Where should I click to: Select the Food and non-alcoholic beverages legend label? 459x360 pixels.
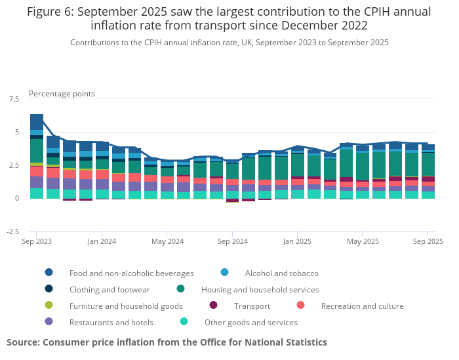(131, 273)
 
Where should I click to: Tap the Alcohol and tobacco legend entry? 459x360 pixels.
(281, 273)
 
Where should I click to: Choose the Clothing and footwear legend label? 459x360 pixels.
(110, 289)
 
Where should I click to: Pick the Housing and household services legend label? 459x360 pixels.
(260, 289)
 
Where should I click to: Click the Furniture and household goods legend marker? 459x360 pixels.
(49, 306)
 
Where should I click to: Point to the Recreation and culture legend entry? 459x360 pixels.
(362, 306)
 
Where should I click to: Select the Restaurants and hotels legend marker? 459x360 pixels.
(49, 322)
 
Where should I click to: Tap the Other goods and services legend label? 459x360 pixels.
(250, 322)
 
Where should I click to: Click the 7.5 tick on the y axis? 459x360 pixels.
(14, 99)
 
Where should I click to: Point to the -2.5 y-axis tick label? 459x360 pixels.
(12, 231)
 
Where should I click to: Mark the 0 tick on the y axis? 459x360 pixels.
(17, 198)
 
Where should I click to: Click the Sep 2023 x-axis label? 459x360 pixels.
(37, 241)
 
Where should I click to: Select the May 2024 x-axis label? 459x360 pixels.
(167, 241)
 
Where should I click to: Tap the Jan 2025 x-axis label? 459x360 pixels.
(297, 241)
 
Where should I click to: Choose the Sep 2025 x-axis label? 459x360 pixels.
(428, 241)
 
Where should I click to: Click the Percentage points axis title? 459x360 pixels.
(62, 94)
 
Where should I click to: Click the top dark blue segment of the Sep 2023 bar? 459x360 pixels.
(37, 122)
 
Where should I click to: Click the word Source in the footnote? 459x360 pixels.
(23, 342)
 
